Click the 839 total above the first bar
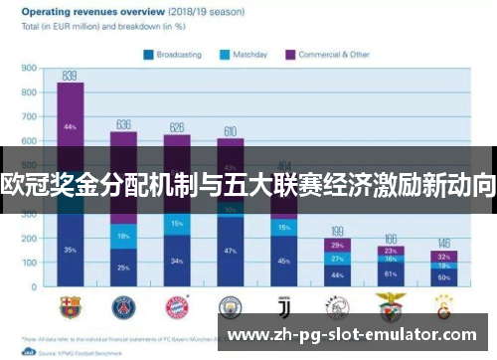[x=70, y=76]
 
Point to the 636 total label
[x=123, y=124]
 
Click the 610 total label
[x=230, y=131]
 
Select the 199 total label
[x=337, y=230]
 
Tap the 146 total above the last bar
[x=444, y=243]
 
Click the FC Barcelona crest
[x=71, y=305]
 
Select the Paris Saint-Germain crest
[x=123, y=305]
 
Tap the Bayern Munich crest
[x=177, y=305]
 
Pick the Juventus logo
[x=283, y=305]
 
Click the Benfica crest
[x=391, y=305]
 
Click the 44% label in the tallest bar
[x=70, y=127]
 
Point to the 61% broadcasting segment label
[x=391, y=272]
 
